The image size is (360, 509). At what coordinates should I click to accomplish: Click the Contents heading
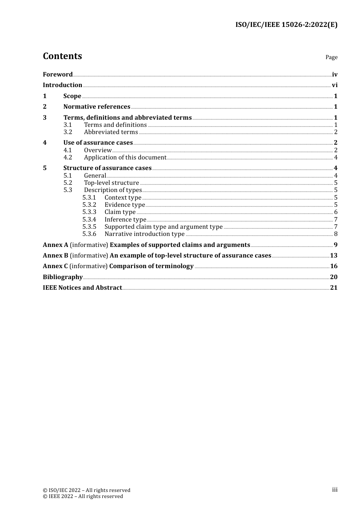(x=62, y=56)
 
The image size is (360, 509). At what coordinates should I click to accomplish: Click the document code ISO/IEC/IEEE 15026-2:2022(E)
(x=286, y=25)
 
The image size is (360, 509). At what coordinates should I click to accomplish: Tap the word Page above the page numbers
(x=331, y=57)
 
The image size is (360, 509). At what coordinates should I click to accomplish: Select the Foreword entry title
(x=58, y=75)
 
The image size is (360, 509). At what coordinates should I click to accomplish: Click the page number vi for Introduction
(x=335, y=85)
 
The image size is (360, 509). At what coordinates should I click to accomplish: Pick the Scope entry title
(x=72, y=96)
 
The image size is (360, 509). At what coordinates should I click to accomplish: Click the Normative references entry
(x=97, y=107)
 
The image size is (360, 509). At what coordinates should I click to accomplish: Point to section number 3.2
(x=68, y=132)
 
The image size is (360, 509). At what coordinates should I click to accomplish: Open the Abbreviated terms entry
(x=111, y=132)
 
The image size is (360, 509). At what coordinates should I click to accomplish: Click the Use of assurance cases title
(x=98, y=143)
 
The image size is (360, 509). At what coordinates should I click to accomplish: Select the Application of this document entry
(x=125, y=158)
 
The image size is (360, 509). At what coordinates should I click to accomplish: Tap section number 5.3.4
(x=89, y=220)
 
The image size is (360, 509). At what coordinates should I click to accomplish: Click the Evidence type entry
(x=125, y=205)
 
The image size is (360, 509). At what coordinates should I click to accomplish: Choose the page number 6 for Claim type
(x=336, y=212)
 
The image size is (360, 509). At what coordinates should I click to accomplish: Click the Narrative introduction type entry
(x=144, y=234)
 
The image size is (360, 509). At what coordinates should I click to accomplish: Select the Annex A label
(x=55, y=245)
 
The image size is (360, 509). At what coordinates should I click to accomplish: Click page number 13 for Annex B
(x=333, y=256)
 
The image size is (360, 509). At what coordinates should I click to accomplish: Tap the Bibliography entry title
(x=63, y=277)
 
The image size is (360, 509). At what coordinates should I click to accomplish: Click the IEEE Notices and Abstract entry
(x=82, y=288)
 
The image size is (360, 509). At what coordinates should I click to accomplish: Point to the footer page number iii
(x=335, y=490)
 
